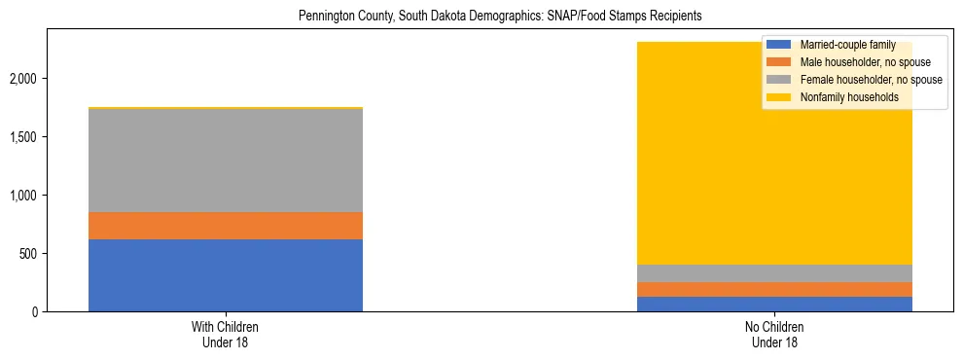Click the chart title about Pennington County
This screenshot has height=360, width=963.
(482, 17)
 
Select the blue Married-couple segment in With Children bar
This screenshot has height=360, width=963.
(225, 275)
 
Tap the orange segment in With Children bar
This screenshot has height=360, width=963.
(225, 226)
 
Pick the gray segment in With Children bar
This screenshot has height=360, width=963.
(225, 161)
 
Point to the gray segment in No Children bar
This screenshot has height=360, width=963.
(775, 273)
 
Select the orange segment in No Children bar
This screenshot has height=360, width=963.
(775, 289)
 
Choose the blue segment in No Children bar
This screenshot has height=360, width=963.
(775, 304)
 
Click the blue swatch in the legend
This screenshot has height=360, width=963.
(778, 45)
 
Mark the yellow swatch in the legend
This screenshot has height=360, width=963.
(778, 97)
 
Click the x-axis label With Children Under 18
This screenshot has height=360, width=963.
(225, 335)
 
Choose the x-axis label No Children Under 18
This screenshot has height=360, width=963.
(775, 335)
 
